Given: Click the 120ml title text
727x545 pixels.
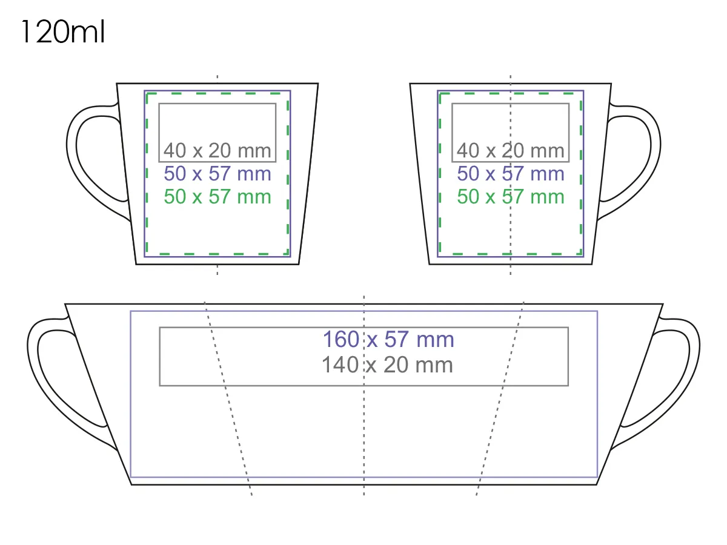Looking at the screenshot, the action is (x=63, y=31).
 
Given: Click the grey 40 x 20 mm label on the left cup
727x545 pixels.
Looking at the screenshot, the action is (x=217, y=151).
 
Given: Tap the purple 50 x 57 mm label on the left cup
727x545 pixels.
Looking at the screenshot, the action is (x=217, y=174).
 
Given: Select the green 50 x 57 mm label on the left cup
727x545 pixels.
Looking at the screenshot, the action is (x=217, y=197).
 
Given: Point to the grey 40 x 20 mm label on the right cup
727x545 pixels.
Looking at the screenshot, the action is (x=510, y=151).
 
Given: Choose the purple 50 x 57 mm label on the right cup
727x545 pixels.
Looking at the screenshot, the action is (x=510, y=174).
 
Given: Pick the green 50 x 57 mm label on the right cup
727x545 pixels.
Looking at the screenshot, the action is (x=510, y=197).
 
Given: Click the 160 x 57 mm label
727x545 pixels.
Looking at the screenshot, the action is (x=388, y=340).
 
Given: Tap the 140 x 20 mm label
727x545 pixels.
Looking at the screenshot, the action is (x=387, y=365).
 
